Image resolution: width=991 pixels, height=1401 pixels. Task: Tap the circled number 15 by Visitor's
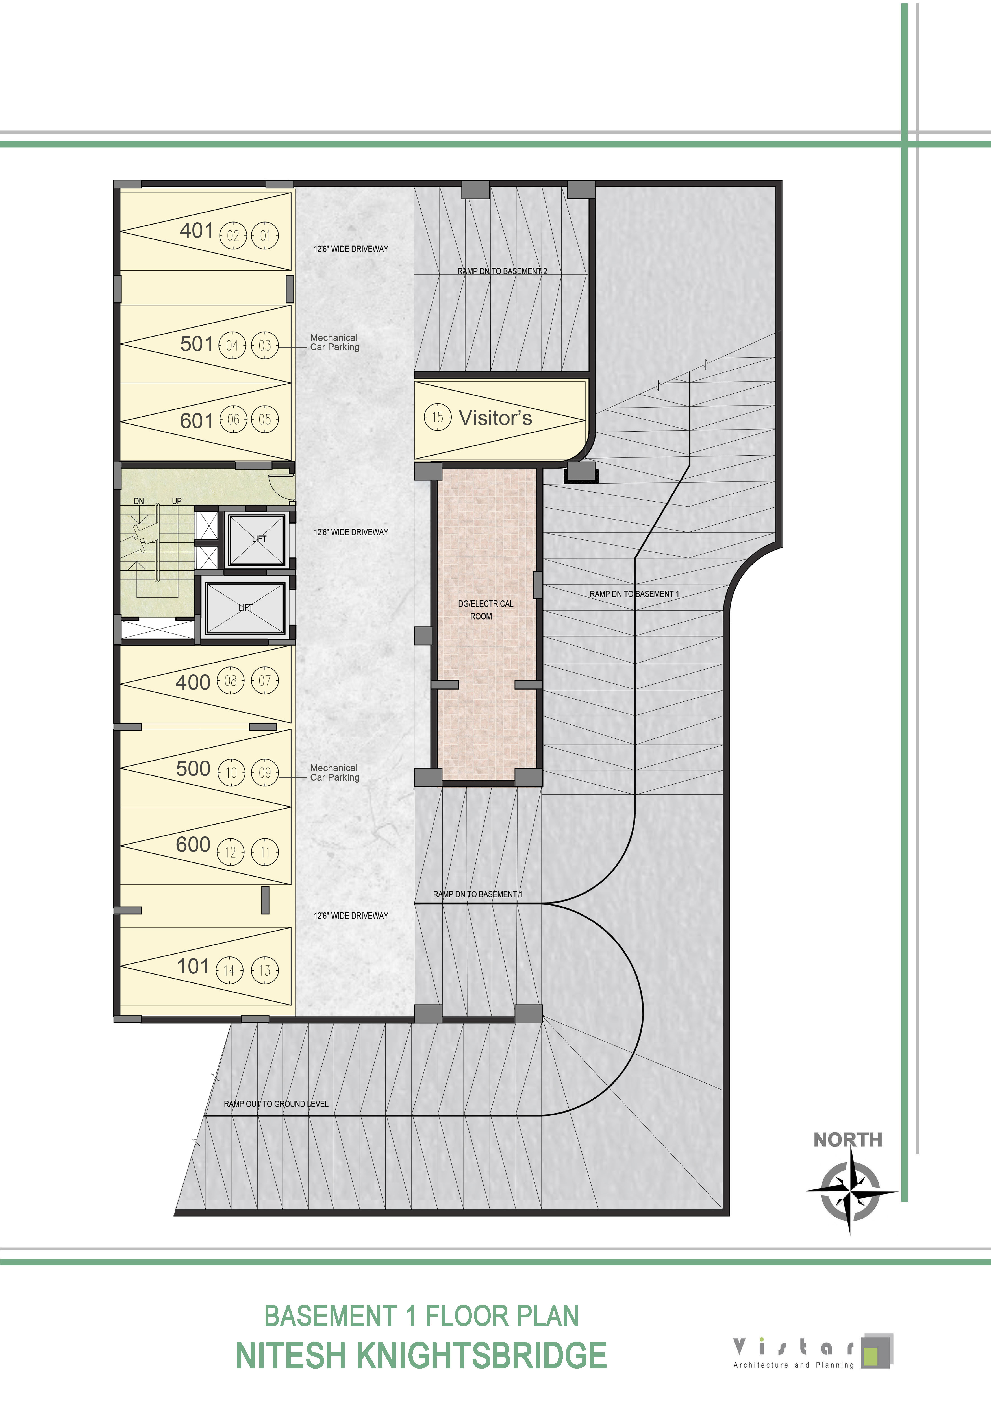[x=438, y=417]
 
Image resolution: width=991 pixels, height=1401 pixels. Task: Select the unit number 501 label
[x=197, y=344]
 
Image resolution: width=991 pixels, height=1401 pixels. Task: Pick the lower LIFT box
[x=245, y=608]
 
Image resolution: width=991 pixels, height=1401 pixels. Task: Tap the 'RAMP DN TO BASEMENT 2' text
[x=502, y=271]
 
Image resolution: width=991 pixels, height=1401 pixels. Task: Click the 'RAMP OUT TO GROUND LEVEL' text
[x=276, y=1104]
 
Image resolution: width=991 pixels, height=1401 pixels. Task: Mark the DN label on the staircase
[x=139, y=501]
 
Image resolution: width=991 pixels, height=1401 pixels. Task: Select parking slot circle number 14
[x=229, y=970]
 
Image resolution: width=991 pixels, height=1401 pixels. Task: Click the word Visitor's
[x=495, y=418]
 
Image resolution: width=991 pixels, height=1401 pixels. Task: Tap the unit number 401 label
[x=197, y=231]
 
